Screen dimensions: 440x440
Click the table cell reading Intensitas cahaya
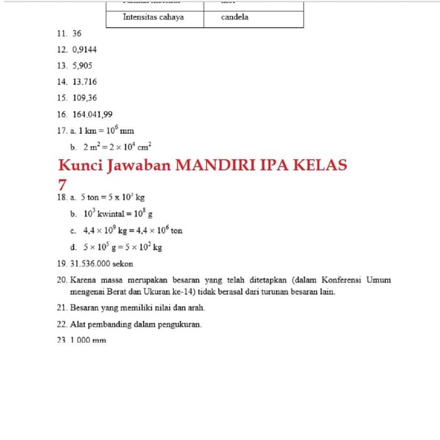(x=153, y=17)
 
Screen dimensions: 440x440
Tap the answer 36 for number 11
(x=77, y=33)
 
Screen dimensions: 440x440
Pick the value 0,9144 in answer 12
(x=85, y=49)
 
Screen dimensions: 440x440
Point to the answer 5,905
(x=82, y=65)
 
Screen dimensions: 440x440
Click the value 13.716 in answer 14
(x=85, y=82)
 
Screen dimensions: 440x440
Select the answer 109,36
(x=85, y=98)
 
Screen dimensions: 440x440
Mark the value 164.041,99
(x=92, y=114)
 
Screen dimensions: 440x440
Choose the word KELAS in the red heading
(x=318, y=166)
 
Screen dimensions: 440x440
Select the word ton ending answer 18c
(x=177, y=231)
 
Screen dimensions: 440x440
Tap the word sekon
(x=123, y=264)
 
